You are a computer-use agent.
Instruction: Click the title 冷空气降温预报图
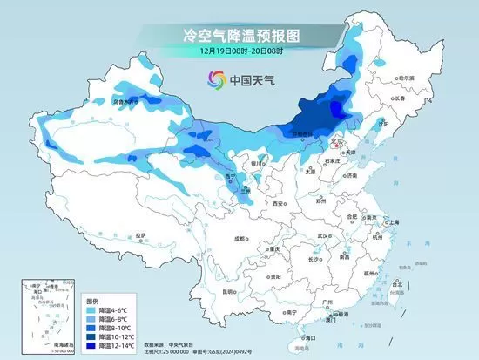(x=240, y=36)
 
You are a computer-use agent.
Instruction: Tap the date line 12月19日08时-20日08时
(x=239, y=51)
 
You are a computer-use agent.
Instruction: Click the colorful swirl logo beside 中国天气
(x=215, y=81)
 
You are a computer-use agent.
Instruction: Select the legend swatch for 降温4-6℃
(x=92, y=310)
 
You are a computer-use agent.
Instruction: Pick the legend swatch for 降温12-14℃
(x=92, y=345)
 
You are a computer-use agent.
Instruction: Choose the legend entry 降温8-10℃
(x=112, y=328)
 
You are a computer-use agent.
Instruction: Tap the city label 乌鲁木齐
(x=125, y=102)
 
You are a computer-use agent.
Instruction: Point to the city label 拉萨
(x=141, y=234)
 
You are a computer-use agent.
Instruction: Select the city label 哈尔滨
(x=405, y=78)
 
